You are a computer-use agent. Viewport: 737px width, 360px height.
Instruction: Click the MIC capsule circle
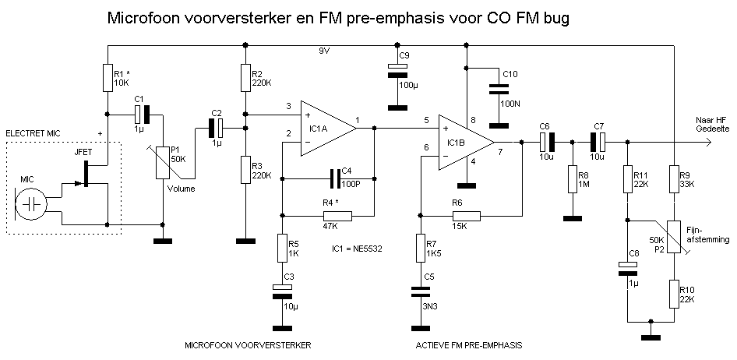click(32, 203)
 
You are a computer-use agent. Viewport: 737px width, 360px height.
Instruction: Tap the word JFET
click(83, 153)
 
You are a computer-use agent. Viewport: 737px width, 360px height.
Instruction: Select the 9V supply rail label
click(325, 51)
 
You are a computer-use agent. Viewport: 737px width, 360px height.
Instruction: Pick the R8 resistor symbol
click(572, 178)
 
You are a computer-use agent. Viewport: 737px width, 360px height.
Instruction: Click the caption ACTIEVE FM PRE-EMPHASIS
click(469, 344)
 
